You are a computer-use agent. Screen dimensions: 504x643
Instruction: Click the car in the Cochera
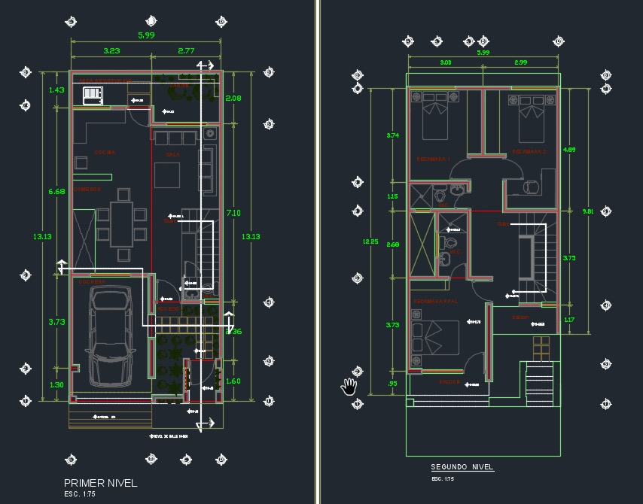(x=109, y=334)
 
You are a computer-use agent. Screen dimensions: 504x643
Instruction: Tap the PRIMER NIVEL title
(x=100, y=482)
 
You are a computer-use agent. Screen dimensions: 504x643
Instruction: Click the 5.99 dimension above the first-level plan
(x=146, y=35)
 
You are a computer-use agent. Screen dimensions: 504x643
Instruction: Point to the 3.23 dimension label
(x=112, y=50)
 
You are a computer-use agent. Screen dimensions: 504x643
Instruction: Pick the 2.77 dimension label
(x=186, y=50)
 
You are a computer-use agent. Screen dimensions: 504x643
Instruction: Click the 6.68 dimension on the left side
(x=56, y=192)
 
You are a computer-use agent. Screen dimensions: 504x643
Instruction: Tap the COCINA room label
(x=105, y=153)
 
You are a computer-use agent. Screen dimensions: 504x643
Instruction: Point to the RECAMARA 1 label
(x=433, y=159)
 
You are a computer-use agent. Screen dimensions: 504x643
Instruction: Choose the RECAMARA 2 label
(x=529, y=152)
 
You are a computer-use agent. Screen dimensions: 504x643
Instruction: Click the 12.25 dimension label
(x=370, y=241)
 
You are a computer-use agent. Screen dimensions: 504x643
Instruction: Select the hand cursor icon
(x=349, y=386)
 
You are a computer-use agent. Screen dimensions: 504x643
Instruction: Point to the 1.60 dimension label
(x=233, y=381)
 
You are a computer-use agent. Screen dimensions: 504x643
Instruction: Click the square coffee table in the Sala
(x=168, y=175)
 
